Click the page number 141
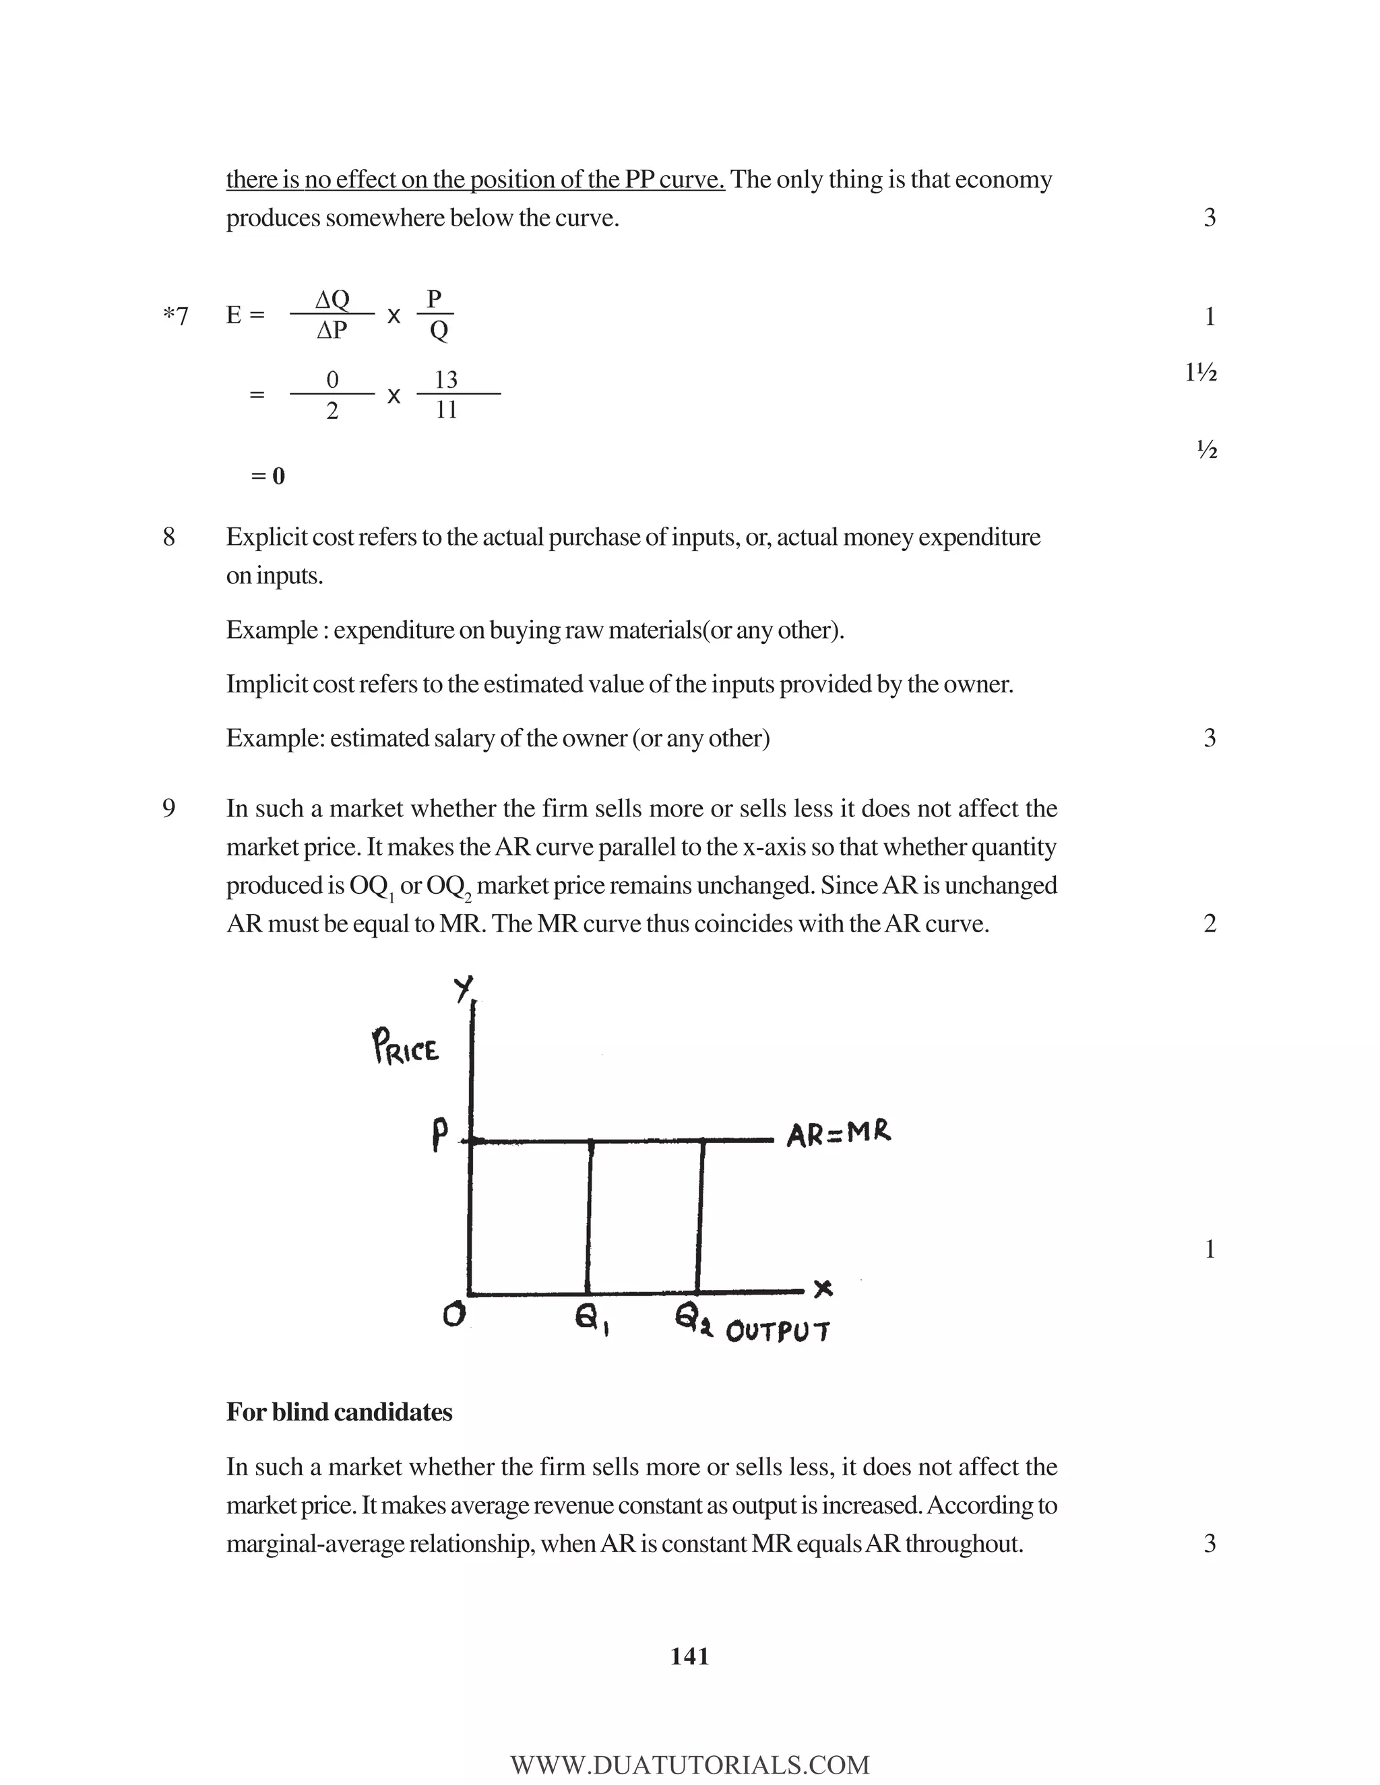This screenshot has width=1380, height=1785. pos(689,1656)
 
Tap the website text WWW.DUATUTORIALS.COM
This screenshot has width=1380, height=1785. pos(689,1765)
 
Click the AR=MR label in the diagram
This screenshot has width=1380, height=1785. pos(838,1134)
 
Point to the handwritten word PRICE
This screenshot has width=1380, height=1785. pos(406,1047)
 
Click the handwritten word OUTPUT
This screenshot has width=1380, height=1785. pos(777,1332)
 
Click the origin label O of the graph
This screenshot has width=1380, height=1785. pos(453,1313)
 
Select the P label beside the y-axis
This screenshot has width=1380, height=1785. pos(440,1134)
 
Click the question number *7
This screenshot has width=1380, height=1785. pos(175,315)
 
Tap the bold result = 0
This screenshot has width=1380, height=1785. pos(268,476)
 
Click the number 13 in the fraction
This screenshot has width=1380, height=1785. pos(445,379)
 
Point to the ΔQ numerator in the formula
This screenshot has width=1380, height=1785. pos(332,299)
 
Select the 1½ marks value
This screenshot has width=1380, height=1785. pos(1200,374)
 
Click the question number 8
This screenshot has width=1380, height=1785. pos(168,537)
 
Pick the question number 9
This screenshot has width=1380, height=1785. pos(168,808)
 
